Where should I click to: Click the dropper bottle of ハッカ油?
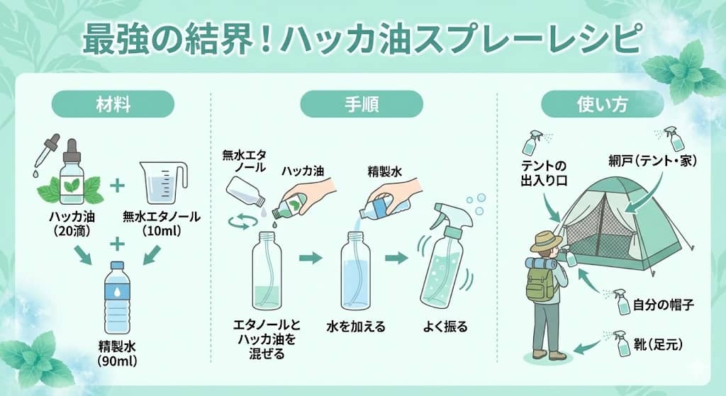(70, 170)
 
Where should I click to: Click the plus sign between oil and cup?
(118, 186)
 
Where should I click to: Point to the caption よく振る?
(445, 327)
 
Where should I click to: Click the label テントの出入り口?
(544, 173)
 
